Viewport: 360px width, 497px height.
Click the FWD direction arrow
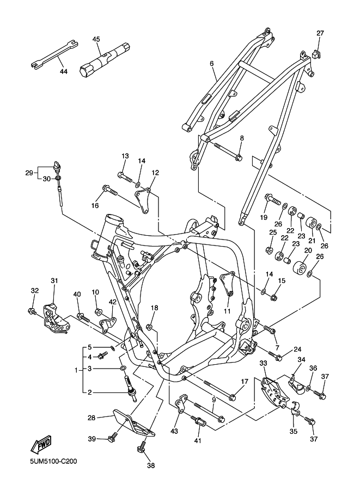pos(41,444)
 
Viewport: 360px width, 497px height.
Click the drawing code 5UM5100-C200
pos(53,461)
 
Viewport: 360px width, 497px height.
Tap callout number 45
pos(96,39)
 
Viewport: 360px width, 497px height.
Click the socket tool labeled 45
pos(105,59)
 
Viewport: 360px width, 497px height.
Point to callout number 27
pos(320,33)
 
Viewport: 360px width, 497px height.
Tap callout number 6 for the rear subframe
pos(211,63)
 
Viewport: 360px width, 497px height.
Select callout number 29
pos(29,173)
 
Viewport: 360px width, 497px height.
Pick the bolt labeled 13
pos(124,176)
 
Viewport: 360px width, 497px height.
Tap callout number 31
pos(54,280)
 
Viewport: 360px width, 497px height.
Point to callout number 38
pos(151,465)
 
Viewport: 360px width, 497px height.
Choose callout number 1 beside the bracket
pos(76,370)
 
